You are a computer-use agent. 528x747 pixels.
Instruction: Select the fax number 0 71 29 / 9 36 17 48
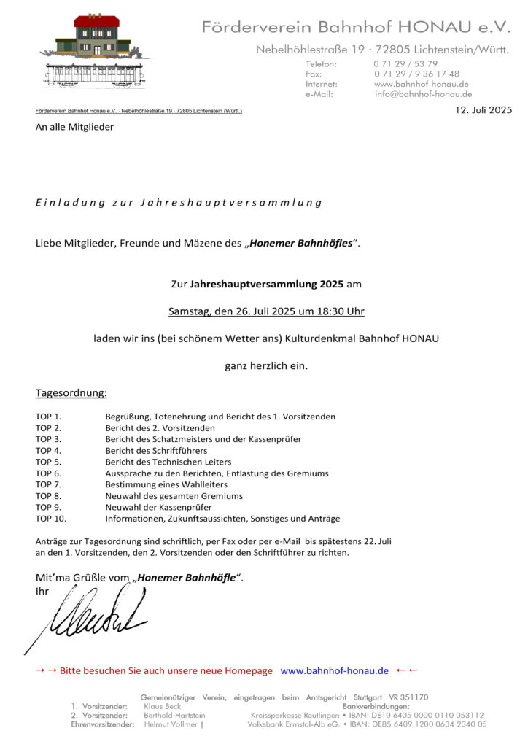tap(416, 74)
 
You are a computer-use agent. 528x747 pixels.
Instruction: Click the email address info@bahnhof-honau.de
tap(423, 94)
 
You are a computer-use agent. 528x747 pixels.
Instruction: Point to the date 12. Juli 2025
tap(484, 110)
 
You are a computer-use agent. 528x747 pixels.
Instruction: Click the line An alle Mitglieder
tap(74, 127)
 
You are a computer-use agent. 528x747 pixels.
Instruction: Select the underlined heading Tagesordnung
tap(71, 393)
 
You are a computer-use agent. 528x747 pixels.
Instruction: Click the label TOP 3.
tap(48, 439)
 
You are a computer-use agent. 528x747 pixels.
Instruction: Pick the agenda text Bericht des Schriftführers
tap(156, 451)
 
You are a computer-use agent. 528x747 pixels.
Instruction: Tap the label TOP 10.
tap(51, 519)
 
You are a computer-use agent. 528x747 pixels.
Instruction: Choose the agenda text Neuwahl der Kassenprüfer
tap(158, 507)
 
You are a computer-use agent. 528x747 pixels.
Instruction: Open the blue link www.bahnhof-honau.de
tap(334, 670)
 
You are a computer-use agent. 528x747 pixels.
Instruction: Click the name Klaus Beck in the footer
tap(163, 706)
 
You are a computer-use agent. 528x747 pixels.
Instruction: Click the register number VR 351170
tap(409, 697)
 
